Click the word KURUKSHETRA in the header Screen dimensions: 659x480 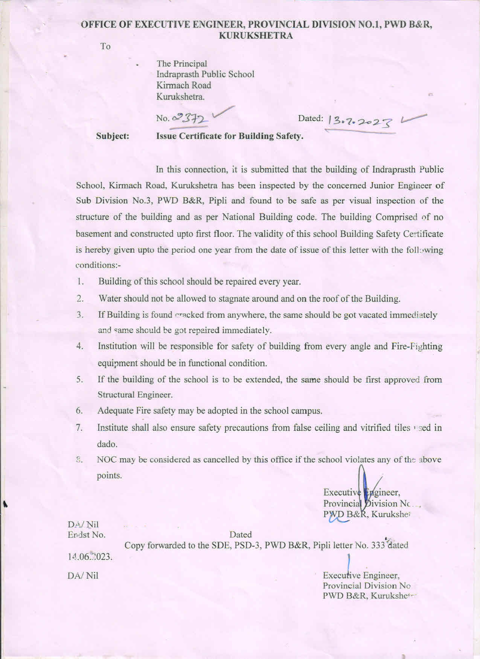tap(256, 36)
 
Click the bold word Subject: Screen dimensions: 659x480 tap(113, 136)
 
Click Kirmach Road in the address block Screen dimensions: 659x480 tap(184, 85)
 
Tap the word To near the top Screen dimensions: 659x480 tap(105, 47)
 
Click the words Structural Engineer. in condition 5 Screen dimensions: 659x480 tap(135, 395)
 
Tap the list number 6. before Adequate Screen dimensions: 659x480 tap(79, 411)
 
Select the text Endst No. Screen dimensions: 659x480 tap(87, 535)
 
